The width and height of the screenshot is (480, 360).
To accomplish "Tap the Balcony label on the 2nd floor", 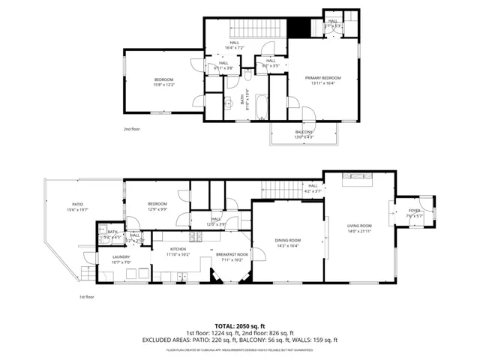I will tap(304, 132).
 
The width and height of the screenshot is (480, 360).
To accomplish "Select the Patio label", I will tap(77, 204).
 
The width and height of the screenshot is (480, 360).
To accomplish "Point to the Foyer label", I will tap(414, 211).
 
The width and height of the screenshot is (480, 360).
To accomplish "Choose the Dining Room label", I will tap(287, 240).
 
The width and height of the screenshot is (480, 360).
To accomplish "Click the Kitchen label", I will tap(178, 249).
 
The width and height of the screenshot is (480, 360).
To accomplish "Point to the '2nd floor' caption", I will tap(133, 129).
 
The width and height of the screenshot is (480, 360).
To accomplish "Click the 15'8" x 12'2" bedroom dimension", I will tap(164, 85).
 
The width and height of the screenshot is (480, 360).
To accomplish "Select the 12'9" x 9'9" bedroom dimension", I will tap(157, 209).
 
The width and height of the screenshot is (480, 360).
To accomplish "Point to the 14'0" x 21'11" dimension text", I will tap(358, 231).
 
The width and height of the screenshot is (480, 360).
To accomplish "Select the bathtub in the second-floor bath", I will tap(260, 106).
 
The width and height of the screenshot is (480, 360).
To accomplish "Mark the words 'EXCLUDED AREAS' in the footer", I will tap(166, 340).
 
